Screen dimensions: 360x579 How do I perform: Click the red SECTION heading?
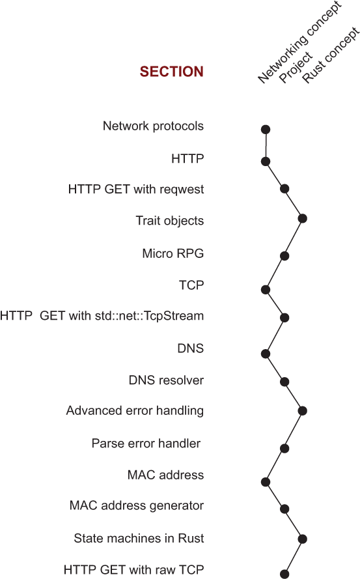[172, 72]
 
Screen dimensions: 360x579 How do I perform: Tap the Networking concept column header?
[300, 43]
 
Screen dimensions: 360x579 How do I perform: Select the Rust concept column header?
[331, 55]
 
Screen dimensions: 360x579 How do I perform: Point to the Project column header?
[296, 67]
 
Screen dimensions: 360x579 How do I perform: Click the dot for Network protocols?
[266, 129]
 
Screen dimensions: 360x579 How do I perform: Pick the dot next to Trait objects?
[303, 218]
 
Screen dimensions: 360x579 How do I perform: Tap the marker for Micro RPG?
[284, 255]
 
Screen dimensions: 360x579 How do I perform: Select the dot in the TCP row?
[266, 289]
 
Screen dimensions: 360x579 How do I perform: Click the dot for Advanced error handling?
[303, 410]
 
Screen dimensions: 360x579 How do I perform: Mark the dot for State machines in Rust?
[303, 539]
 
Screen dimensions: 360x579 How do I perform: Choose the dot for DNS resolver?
[284, 382]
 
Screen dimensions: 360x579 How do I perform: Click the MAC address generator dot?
[284, 509]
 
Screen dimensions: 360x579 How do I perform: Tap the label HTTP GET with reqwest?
[136, 190]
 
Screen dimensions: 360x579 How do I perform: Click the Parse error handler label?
[146, 443]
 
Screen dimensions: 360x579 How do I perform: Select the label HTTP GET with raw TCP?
[133, 570]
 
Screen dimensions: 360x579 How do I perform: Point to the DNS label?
[191, 348]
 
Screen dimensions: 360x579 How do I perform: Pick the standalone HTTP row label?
[187, 159]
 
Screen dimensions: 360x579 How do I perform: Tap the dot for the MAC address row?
[266, 481]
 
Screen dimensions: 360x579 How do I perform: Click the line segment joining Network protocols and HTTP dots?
[266, 145]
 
